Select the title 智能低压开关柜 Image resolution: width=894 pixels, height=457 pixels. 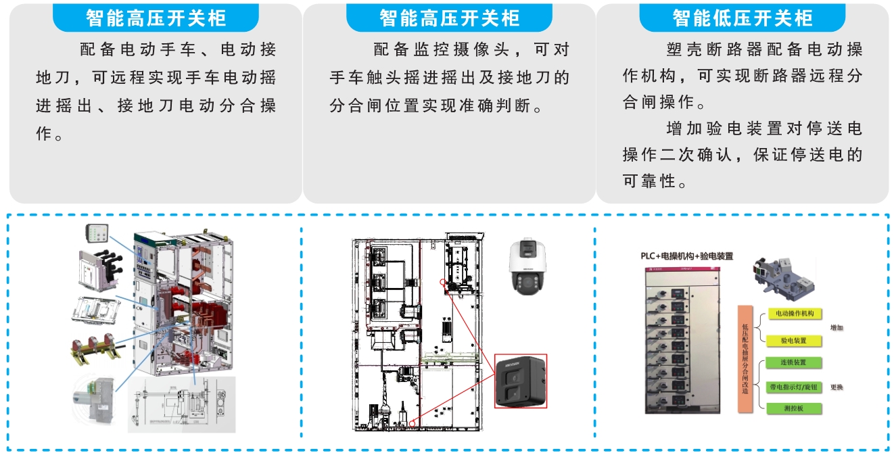point(742,18)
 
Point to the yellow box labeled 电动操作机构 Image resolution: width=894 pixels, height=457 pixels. point(794,314)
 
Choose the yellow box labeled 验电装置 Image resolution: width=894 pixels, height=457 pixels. point(794,340)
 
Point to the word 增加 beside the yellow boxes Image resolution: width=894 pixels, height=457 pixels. point(837,328)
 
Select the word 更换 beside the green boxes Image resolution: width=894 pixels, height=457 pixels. point(837,387)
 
